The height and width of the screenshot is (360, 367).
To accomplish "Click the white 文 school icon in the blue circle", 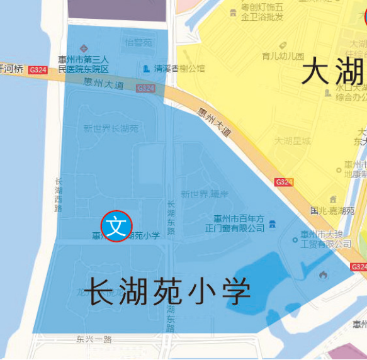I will tap(116, 225).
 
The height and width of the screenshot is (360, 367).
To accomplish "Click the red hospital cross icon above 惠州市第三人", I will tap(84, 49).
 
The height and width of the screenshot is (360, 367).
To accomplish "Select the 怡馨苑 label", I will tap(138, 43).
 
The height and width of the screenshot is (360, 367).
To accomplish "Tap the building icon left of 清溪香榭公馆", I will tap(147, 68).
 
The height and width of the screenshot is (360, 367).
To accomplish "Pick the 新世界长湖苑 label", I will tap(111, 128).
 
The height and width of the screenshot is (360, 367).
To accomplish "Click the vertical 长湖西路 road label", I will tap(59, 194).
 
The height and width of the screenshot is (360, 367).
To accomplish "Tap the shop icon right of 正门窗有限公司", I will tap(272, 224).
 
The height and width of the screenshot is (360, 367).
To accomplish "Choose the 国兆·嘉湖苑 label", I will tap(332, 211).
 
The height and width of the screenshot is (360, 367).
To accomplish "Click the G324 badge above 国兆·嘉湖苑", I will tap(284, 183).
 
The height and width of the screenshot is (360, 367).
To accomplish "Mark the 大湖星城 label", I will tap(293, 141).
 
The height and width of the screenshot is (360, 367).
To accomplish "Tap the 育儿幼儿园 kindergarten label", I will tap(283, 56).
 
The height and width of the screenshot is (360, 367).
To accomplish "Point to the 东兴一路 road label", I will tap(93, 339).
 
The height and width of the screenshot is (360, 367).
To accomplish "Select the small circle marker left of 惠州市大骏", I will tap(295, 239).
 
